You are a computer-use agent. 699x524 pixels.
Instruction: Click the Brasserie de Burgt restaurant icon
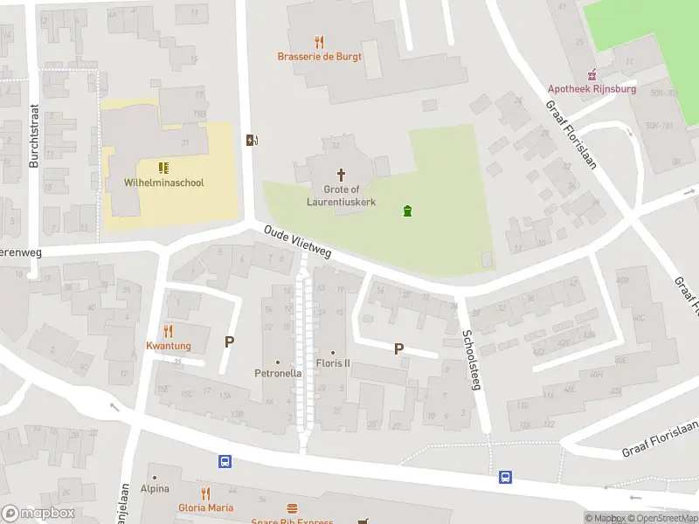[x=319, y=41]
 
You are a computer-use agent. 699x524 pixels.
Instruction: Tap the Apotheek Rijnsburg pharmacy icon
[x=592, y=74]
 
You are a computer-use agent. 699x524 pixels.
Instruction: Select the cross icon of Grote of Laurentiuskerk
[x=340, y=175]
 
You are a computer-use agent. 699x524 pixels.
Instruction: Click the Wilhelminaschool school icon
[x=163, y=168]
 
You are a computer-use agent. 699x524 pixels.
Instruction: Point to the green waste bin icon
[x=406, y=210]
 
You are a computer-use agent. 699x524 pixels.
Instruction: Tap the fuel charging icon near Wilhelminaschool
[x=253, y=140]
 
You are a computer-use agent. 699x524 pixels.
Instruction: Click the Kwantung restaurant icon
[x=169, y=331]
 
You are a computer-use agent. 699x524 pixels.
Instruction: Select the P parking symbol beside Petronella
[x=230, y=342]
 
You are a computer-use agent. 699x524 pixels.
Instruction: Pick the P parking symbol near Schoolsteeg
[x=399, y=348]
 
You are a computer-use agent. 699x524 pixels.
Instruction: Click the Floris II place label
[x=332, y=363]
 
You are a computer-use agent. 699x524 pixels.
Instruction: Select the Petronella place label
[x=278, y=373]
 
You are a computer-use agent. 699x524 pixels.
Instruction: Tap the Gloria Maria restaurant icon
[x=205, y=493]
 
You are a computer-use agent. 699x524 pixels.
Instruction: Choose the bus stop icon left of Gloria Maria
[x=225, y=461]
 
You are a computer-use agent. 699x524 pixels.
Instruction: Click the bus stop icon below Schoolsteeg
[x=506, y=477]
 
